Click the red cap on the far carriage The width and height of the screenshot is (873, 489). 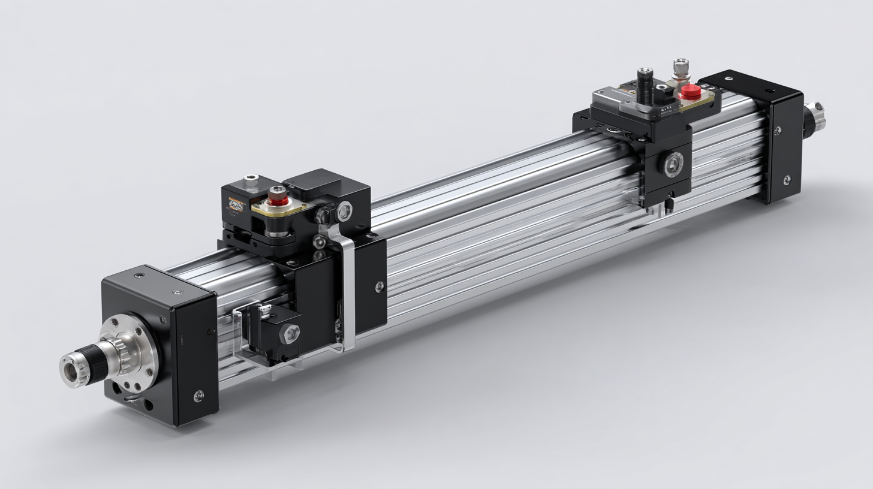click(690, 92)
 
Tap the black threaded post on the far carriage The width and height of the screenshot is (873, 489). click(646, 87)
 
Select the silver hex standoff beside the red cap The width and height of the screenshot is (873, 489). click(681, 70)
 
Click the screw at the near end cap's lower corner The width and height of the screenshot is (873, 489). click(198, 396)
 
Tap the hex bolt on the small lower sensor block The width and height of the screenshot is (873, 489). click(290, 333)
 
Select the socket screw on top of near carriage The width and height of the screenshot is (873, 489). click(251, 180)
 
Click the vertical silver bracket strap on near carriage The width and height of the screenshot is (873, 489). click(347, 288)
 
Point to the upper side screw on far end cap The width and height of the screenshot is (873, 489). click(778, 131)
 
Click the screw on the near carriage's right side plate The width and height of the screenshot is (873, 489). click(379, 286)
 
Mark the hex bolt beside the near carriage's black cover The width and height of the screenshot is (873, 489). click(344, 210)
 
